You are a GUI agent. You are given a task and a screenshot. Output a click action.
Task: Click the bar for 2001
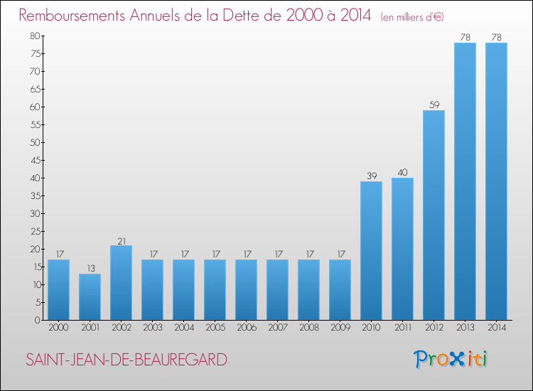tap(90, 297)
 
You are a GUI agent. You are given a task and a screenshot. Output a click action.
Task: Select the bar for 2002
tap(121, 283)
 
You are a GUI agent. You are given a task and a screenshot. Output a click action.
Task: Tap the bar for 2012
tap(434, 215)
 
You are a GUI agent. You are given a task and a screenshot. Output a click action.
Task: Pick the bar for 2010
tap(371, 251)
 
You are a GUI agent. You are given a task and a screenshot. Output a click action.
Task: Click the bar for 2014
tap(496, 181)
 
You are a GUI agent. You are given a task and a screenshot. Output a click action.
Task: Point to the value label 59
tap(434, 105)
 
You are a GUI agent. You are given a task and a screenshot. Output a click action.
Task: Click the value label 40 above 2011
tap(402, 172)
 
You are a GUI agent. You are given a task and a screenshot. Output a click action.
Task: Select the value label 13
tap(90, 268)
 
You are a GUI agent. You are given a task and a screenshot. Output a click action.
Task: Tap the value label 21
tap(121, 240)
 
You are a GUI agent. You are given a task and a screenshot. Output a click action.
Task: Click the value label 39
tap(371, 176)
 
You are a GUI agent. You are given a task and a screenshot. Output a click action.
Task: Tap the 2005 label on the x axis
tap(215, 328)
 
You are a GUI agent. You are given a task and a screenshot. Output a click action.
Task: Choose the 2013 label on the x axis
tap(465, 328)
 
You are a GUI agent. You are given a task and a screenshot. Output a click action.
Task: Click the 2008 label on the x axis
tap(308, 328)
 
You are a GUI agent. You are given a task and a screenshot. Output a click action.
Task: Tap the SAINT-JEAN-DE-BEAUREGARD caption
tap(126, 360)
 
